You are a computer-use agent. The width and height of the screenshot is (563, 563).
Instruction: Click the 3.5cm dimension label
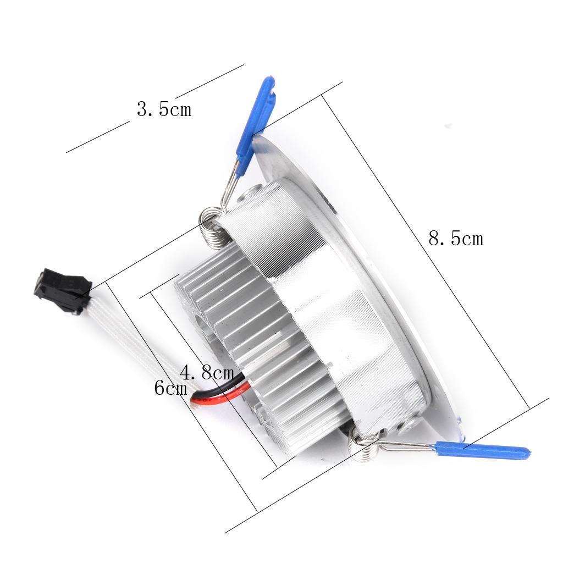point(164,109)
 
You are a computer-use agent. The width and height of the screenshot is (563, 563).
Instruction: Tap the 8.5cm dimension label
point(456,239)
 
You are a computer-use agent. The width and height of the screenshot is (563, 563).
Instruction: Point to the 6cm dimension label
point(170,388)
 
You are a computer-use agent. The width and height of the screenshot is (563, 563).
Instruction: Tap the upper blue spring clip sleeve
point(256,125)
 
